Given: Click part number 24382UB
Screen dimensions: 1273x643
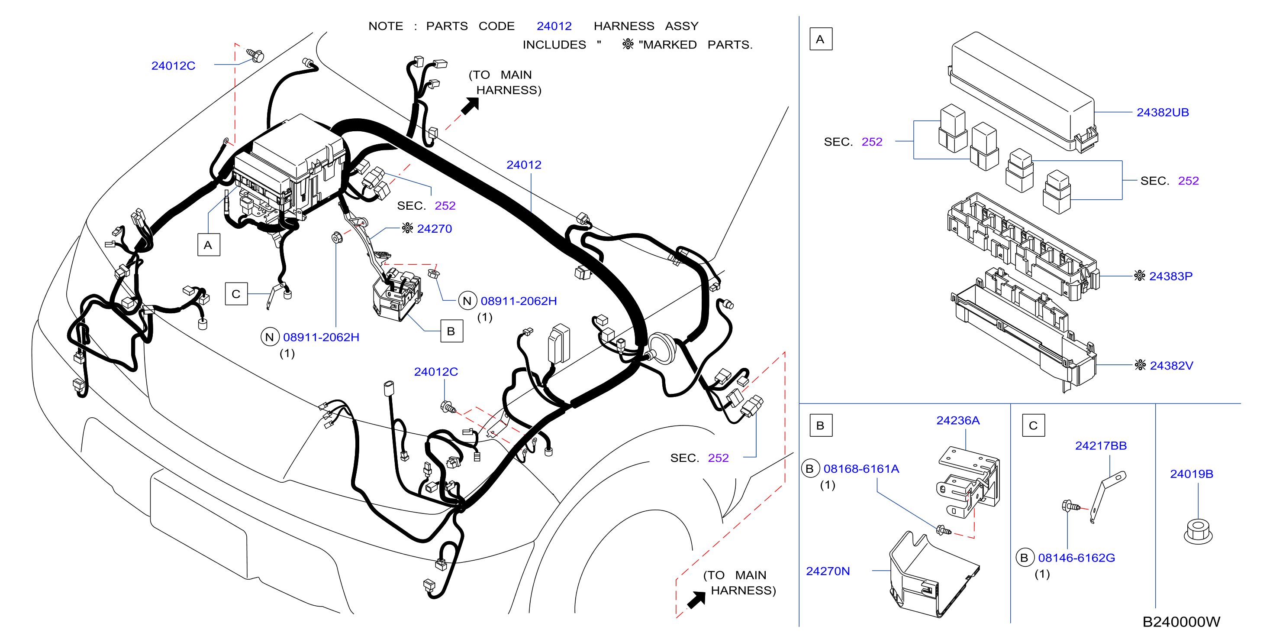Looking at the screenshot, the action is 1162,112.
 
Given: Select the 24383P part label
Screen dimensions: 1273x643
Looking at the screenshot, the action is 1170,276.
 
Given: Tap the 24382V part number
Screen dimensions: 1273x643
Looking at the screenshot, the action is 1171,366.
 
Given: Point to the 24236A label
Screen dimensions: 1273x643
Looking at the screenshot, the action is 958,420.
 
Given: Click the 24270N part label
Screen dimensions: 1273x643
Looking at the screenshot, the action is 828,571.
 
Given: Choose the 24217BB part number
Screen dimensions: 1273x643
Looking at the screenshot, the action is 1101,446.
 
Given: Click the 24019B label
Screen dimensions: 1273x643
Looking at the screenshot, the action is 1192,474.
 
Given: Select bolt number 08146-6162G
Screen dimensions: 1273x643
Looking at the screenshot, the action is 1076,558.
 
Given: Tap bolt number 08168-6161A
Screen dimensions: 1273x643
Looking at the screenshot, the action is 861,469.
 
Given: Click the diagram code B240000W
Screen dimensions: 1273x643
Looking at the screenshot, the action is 1181,622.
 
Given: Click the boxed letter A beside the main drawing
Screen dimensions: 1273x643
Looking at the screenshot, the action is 209,245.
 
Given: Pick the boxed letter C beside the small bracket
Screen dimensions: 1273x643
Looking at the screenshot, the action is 236,294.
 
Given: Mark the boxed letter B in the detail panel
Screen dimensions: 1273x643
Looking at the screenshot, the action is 821,425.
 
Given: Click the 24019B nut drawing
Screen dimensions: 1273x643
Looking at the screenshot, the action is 1198,532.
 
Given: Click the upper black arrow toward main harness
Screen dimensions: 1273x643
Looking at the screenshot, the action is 470,106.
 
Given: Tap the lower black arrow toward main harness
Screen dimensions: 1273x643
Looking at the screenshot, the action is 696,600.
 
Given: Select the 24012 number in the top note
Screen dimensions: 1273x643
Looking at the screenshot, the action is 554,26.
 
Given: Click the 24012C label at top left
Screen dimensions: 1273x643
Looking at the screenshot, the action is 173,66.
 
